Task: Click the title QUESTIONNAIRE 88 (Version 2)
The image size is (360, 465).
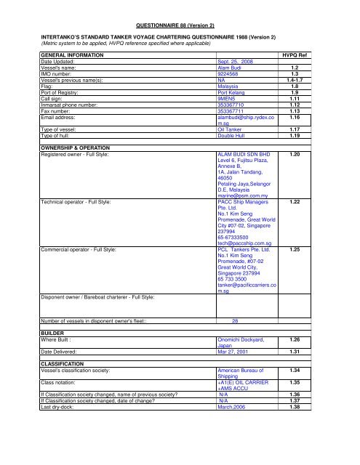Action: pyautogui.click(x=159, y=25)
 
